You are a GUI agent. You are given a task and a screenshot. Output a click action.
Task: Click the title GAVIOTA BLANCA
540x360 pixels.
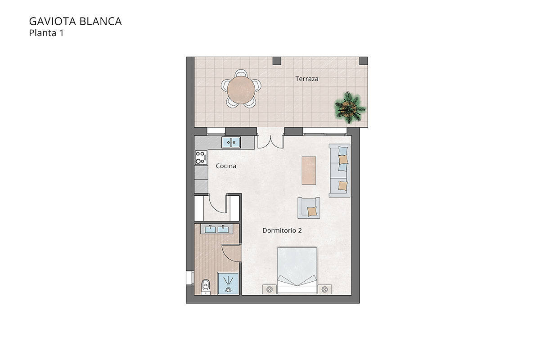point(75,21)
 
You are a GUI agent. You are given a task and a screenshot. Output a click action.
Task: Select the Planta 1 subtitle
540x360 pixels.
point(46,32)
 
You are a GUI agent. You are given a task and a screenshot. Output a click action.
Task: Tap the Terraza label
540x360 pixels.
point(307,79)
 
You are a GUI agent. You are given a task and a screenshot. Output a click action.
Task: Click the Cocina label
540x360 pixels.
point(226,166)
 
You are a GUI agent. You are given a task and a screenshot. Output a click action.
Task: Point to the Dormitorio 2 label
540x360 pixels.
point(282,230)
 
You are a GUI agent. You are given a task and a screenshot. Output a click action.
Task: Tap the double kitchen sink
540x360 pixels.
point(231,143)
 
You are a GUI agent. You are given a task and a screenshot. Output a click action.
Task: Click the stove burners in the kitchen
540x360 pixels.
point(199,157)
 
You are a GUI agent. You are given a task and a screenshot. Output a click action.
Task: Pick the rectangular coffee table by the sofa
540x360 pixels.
point(309,170)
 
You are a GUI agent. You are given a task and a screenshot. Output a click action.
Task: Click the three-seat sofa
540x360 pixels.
point(340,171)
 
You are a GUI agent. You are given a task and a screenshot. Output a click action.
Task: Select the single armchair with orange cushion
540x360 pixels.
point(310,208)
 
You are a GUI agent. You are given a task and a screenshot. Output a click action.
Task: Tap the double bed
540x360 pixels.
point(297,270)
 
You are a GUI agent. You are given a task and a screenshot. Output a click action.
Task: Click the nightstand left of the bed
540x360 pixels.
point(269,289)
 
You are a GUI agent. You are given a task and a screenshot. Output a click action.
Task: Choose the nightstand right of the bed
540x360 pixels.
point(324,289)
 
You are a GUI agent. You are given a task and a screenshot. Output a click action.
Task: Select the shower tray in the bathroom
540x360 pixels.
point(228,283)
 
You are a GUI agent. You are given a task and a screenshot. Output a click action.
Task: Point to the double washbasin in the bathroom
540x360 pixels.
point(217,229)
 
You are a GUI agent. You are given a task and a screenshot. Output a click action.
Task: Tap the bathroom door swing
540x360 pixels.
point(232,254)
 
